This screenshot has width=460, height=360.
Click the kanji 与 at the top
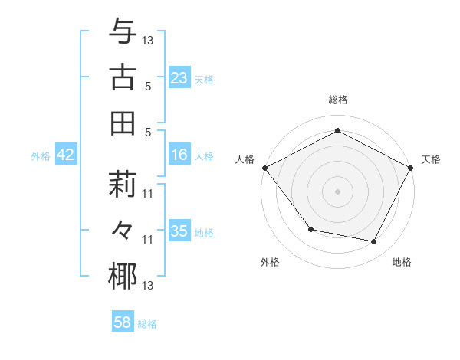tap(123, 31)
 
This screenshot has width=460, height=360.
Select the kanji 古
tap(123, 77)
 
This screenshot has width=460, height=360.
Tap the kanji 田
tap(123, 123)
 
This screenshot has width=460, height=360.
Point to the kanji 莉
tap(123, 185)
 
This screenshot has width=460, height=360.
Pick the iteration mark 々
tap(123, 231)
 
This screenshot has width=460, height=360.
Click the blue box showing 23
tap(179, 77)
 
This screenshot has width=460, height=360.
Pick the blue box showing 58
tap(123, 323)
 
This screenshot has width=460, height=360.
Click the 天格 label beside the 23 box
tap(204, 79)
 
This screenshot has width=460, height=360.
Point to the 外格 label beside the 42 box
tap(41, 156)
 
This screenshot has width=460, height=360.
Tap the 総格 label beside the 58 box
tap(147, 324)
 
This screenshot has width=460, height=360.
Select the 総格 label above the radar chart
tap(337, 100)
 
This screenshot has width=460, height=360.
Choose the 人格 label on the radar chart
tap(245, 159)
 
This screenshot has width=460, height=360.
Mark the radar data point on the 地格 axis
tap(374, 242)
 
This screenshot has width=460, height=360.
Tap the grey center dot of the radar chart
tap(337, 191)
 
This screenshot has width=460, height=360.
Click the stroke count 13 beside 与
tap(149, 38)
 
